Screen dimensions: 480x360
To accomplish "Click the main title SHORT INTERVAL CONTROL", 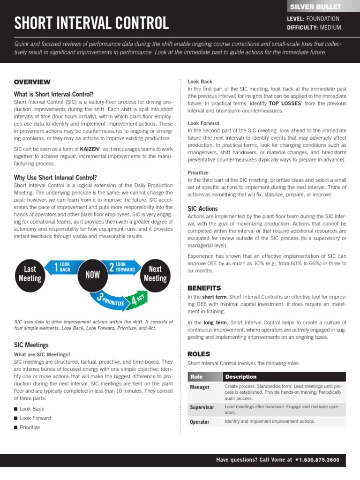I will click(91, 23).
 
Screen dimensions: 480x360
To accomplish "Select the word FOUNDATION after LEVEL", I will click(323, 19).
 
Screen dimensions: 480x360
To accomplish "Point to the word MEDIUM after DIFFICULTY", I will click(330, 27).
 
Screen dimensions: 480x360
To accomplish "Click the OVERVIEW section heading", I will click(32, 82).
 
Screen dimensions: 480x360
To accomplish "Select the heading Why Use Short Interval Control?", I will click(55, 178).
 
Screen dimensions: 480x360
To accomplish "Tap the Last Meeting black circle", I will click(30, 273).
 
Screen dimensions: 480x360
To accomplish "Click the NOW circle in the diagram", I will click(92, 275).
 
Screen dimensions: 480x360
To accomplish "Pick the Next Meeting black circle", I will click(155, 273).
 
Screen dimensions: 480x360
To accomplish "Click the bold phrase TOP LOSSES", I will click(274, 103).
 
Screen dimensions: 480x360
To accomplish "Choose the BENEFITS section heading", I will click(204, 288).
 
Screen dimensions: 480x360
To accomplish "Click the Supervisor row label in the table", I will click(202, 407).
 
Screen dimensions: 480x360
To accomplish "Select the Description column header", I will click(241, 376).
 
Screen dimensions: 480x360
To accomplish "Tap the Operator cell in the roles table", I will click(199, 422).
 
